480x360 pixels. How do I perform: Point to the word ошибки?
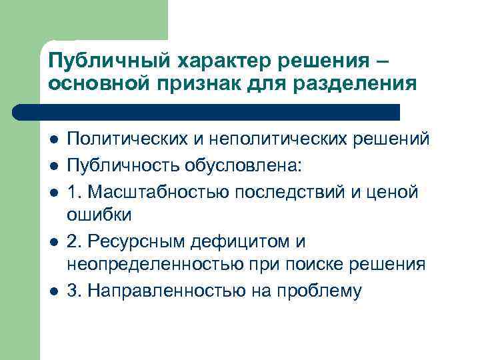(x=100, y=215)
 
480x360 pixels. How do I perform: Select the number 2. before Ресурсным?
(x=74, y=240)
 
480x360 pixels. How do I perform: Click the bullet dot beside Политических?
(x=54, y=139)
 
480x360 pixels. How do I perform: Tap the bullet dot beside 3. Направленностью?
(x=54, y=291)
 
